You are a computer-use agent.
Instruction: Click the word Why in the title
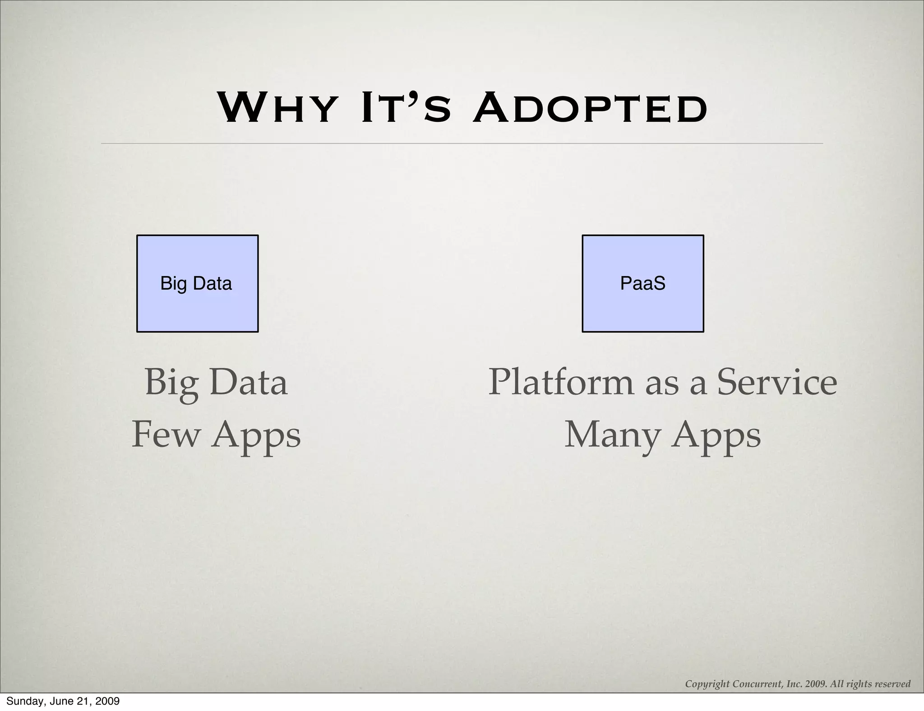tap(276, 108)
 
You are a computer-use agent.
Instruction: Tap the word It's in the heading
tap(406, 108)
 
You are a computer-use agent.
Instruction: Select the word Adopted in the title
tap(590, 108)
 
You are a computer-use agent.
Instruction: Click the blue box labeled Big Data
tap(197, 283)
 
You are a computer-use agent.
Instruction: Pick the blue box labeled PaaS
tap(642, 283)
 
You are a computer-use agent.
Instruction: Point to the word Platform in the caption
tap(561, 382)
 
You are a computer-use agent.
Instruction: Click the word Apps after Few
tap(256, 436)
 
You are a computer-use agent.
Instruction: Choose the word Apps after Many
tap(716, 436)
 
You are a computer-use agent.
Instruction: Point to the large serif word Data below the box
tap(248, 382)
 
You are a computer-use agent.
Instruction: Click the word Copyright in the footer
tap(707, 684)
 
